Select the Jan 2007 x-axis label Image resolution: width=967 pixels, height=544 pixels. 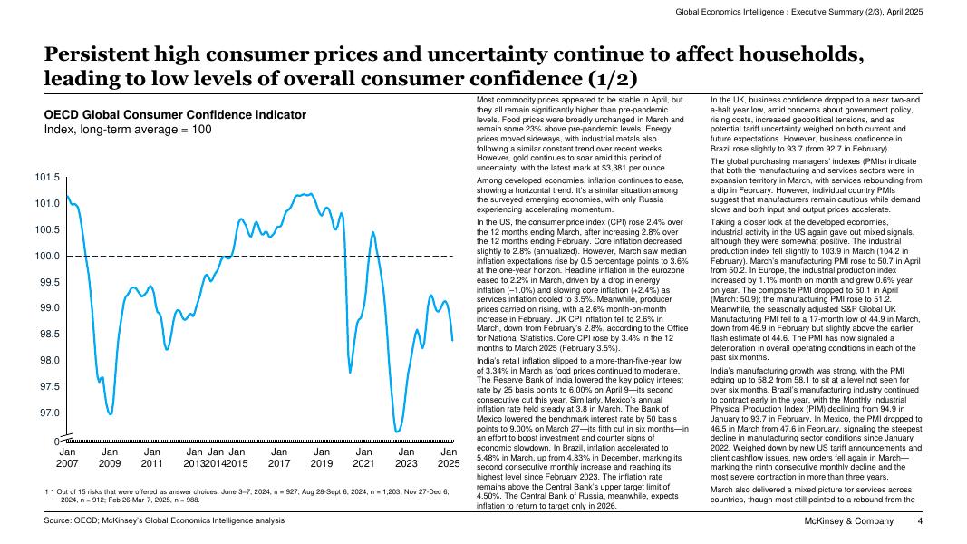pos(68,458)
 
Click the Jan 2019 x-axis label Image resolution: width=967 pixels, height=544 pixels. pos(321,458)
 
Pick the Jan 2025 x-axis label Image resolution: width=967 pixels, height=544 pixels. pos(448,458)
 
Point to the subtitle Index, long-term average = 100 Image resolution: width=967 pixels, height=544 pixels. pos(128,130)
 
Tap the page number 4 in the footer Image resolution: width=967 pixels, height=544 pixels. pos(919,521)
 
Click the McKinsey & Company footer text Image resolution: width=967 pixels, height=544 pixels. pos(848,521)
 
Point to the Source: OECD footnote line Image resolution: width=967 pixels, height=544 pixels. pos(164,520)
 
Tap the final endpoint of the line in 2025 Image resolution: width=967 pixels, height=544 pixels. pos(452,340)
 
